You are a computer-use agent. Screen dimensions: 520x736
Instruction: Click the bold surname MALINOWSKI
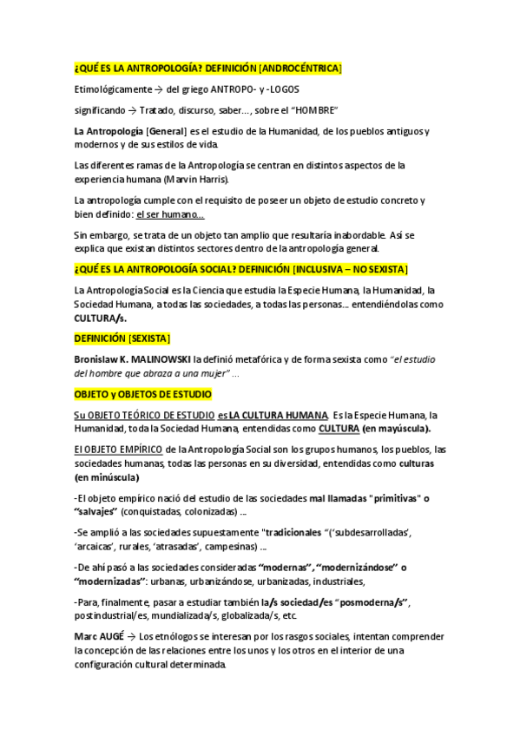point(161,358)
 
